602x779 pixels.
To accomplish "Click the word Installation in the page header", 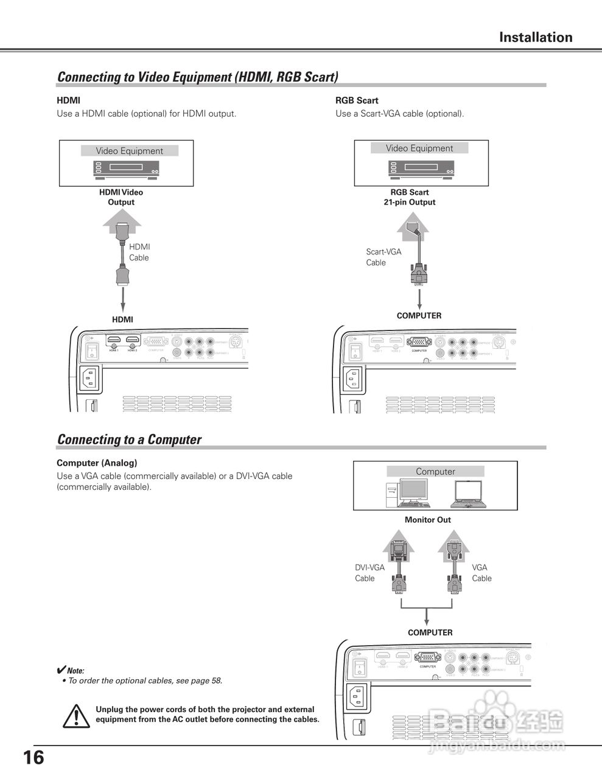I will [x=536, y=37].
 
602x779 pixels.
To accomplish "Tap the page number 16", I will [x=33, y=758].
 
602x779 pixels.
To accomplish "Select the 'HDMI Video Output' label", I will [x=121, y=197].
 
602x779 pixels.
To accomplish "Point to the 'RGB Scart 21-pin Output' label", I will [x=410, y=197].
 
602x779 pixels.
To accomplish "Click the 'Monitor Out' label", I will [x=428, y=520].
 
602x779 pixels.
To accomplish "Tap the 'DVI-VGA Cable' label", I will [x=369, y=573].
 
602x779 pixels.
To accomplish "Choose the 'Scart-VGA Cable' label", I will [x=383, y=257].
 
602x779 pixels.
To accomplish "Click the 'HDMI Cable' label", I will [x=139, y=252].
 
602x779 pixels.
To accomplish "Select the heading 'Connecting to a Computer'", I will [x=129, y=439].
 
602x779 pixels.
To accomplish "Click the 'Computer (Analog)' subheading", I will [x=97, y=463].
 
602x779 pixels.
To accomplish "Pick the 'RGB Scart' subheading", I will [x=357, y=100].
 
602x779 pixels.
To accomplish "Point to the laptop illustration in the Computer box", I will [x=467, y=494].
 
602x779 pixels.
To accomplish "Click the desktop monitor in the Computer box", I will [x=414, y=492].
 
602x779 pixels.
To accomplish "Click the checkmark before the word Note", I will [x=61, y=669].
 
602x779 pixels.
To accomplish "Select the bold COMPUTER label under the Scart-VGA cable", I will [x=419, y=315].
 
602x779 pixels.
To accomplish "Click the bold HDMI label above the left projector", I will [x=122, y=320].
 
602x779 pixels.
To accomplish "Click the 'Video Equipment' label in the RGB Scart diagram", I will [x=419, y=148].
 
